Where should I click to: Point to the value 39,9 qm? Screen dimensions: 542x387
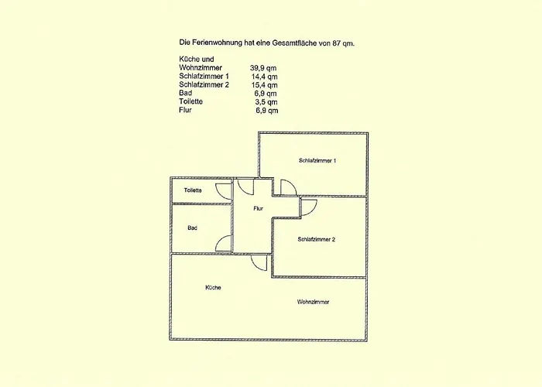pyautogui.click(x=263, y=68)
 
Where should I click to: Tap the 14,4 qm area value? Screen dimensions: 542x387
pyautogui.click(x=264, y=77)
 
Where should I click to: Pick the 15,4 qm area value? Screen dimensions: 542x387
pyautogui.click(x=264, y=85)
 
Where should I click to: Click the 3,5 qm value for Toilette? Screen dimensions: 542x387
pyautogui.click(x=266, y=102)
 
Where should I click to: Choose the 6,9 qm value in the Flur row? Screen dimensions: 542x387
pyautogui.click(x=267, y=111)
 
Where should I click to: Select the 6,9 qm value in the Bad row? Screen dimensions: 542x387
pyautogui.click(x=266, y=94)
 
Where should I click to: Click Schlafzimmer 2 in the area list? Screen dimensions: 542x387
pyautogui.click(x=204, y=85)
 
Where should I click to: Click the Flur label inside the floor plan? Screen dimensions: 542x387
pyautogui.click(x=258, y=208)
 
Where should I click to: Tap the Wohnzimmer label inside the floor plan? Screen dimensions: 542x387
pyautogui.click(x=313, y=302)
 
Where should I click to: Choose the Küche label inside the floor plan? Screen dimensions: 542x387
pyautogui.click(x=213, y=287)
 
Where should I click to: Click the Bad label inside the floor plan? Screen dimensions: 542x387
pyautogui.click(x=193, y=228)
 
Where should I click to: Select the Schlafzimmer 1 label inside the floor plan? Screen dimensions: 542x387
pyautogui.click(x=317, y=161)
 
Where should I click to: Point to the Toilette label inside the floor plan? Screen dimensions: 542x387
pyautogui.click(x=193, y=190)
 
